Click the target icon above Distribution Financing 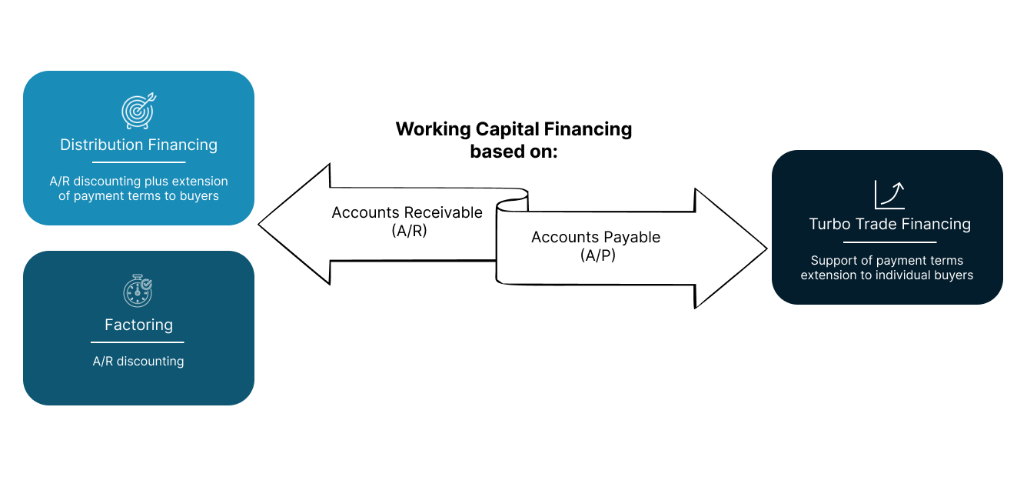(139, 111)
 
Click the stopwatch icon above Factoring (138, 291)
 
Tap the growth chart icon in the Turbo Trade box (889, 195)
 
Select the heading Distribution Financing (138, 145)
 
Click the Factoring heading (138, 325)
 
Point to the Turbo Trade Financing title (889, 225)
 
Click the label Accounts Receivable (407, 212)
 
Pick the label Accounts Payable (596, 237)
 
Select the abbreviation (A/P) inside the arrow (596, 255)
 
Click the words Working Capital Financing (513, 128)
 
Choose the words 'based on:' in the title (513, 152)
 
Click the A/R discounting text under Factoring (138, 361)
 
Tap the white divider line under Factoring (138, 342)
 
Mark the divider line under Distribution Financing (139, 162)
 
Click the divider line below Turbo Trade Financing (889, 242)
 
